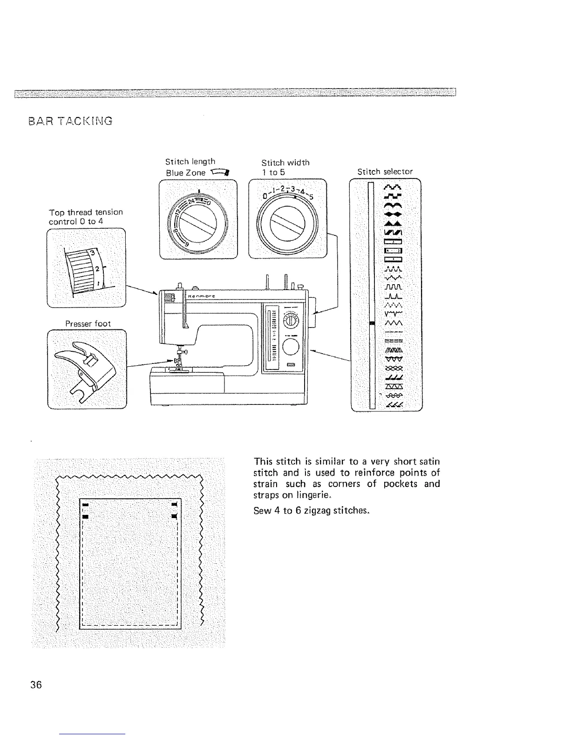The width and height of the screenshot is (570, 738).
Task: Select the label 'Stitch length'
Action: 190,162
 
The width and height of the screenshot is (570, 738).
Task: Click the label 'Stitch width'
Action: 285,163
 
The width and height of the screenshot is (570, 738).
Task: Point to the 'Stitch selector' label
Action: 385,171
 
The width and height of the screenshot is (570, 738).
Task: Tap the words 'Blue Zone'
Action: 186,173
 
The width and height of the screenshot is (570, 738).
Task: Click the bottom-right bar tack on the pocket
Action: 173,516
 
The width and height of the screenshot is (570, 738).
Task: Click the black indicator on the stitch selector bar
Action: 371,323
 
